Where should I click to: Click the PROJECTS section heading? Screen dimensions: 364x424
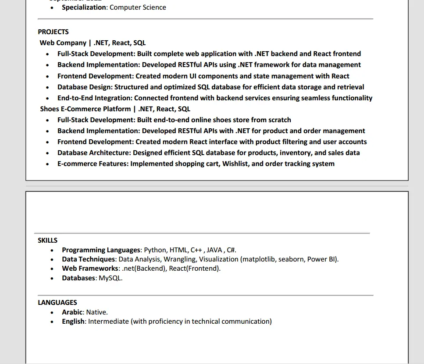[x=53, y=32]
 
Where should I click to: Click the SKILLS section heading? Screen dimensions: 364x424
[x=47, y=240]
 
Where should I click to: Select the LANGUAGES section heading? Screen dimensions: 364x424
[x=57, y=302]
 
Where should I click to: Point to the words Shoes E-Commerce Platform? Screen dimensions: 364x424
[x=85, y=109]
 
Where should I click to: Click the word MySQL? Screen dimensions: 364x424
[x=110, y=278]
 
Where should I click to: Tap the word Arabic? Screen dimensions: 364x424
[x=72, y=312]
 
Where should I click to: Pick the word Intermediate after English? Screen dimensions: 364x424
[x=108, y=322]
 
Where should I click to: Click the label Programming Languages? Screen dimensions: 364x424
[x=101, y=250]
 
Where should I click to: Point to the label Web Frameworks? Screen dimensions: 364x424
[x=90, y=269]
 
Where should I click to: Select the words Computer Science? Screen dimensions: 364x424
[x=138, y=7]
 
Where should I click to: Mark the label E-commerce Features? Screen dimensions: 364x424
[x=93, y=164]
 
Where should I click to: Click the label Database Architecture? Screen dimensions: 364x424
[x=94, y=153]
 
